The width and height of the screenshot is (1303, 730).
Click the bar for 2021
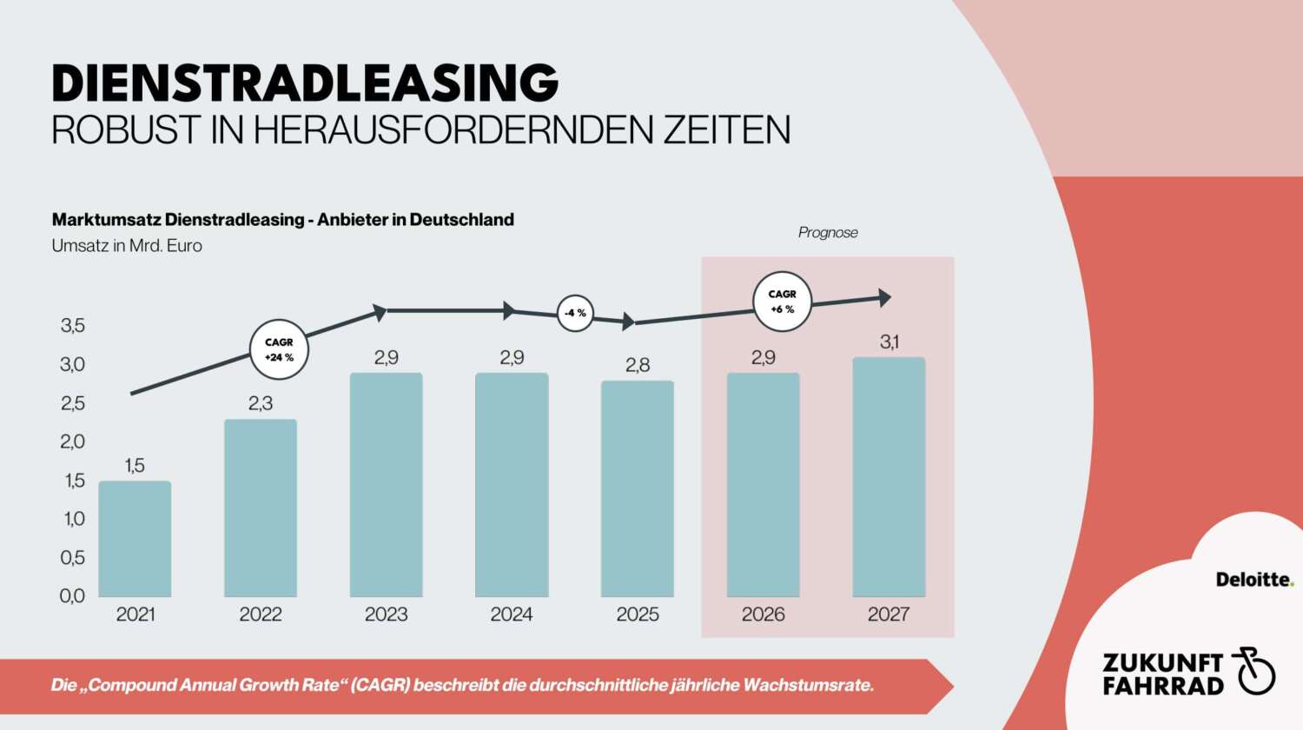(x=135, y=539)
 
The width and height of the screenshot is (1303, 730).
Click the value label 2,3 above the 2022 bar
(x=261, y=403)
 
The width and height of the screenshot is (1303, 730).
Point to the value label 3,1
(x=890, y=342)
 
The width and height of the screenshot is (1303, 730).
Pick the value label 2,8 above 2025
(x=638, y=365)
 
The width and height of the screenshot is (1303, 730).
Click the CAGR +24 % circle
(x=279, y=349)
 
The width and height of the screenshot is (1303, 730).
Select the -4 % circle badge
(x=575, y=313)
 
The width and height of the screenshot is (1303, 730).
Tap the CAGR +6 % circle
(x=782, y=302)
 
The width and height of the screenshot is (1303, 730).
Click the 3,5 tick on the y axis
(x=73, y=326)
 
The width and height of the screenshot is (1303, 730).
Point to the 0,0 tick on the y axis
(x=73, y=596)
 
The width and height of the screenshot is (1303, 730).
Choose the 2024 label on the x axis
(x=512, y=614)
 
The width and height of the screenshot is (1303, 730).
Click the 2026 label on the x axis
(x=763, y=614)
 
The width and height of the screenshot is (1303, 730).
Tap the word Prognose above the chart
(x=828, y=233)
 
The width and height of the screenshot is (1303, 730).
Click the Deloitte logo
(x=1254, y=580)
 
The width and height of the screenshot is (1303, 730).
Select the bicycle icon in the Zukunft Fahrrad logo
(x=1253, y=671)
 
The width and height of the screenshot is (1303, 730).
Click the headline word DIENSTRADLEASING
(x=305, y=83)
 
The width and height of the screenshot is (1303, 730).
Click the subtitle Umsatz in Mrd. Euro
(x=127, y=246)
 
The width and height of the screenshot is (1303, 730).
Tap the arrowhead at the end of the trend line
(x=885, y=298)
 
